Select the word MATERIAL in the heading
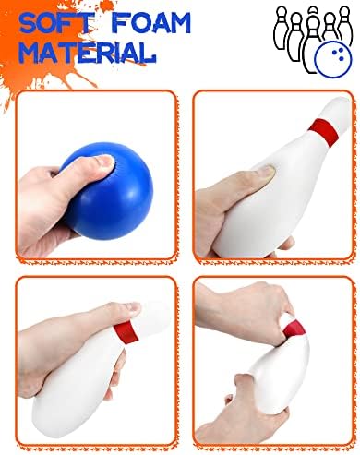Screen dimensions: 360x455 tap(88, 53)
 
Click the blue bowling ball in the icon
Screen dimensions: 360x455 tap(333, 59)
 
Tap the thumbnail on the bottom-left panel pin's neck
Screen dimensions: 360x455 tap(133, 306)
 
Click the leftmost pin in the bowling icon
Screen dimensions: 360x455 tap(281, 29)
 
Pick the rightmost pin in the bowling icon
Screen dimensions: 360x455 tap(344, 25)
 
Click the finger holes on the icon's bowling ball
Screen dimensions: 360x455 tap(339, 54)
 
